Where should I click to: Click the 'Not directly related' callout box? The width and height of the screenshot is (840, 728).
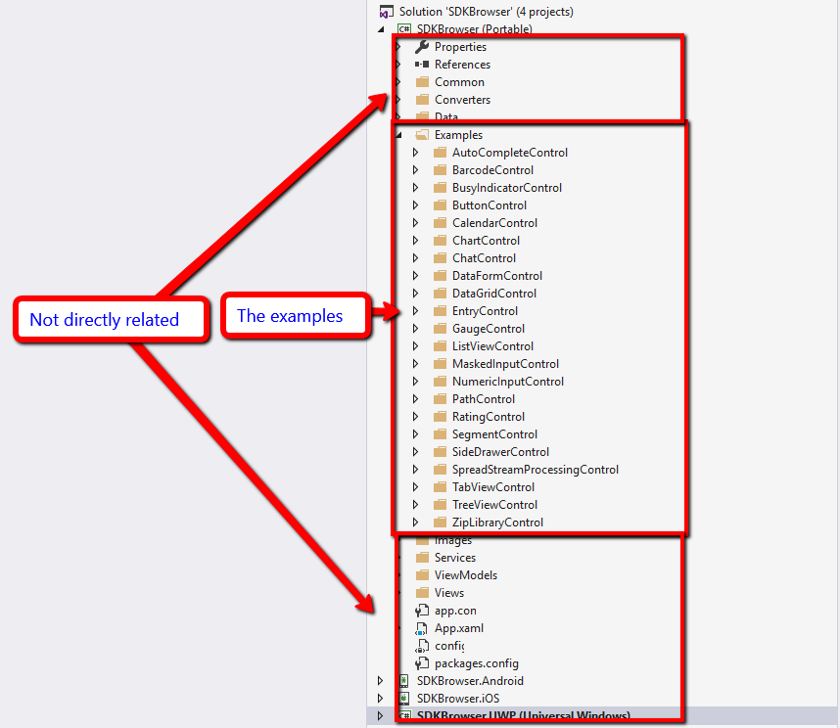111,320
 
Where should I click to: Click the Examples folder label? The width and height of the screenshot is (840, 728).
458,135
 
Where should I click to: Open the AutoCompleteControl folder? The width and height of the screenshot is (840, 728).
509,153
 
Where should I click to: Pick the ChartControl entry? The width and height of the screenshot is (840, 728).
486,241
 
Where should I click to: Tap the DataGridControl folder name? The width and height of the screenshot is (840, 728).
493,294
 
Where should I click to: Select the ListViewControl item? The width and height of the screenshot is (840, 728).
492,346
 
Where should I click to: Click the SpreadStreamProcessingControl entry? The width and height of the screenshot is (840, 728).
535,470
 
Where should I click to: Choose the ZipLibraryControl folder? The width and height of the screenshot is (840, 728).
497,523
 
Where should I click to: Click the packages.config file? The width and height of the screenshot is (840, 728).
477,663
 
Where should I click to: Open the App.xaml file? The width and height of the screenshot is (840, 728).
458,628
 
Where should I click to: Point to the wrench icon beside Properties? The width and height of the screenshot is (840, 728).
422,47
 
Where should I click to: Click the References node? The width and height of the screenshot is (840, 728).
462,65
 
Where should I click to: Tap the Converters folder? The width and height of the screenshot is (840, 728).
462,100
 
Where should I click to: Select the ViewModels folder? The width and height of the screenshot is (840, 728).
465,575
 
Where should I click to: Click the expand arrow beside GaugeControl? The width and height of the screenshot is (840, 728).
415,329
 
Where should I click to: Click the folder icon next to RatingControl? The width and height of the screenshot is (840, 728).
440,417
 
